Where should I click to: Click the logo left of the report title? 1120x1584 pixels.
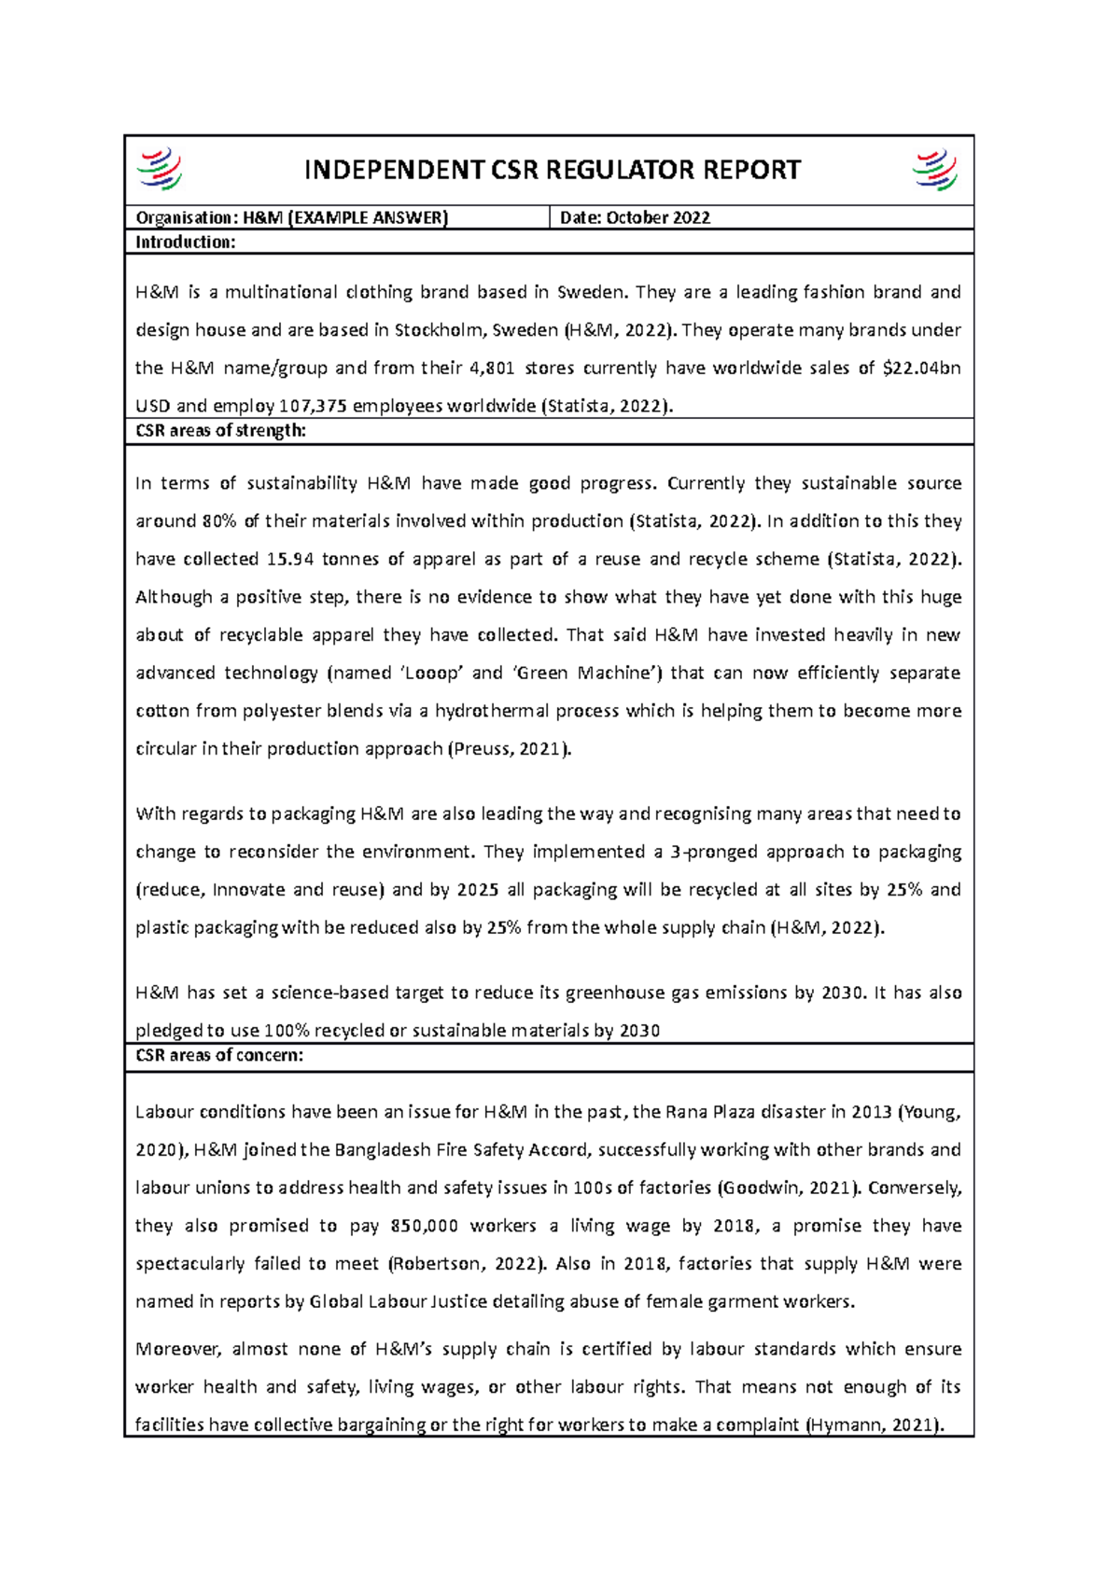[159, 171]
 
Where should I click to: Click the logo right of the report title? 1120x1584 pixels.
[935, 171]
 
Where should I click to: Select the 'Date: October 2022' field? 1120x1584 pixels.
[635, 218]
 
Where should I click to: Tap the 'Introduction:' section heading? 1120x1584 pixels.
[186, 243]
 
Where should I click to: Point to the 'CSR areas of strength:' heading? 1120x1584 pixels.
[220, 431]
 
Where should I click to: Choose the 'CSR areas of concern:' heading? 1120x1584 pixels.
[219, 1056]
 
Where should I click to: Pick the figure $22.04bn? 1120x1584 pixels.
[921, 368]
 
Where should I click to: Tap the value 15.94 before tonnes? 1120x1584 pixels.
[290, 560]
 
